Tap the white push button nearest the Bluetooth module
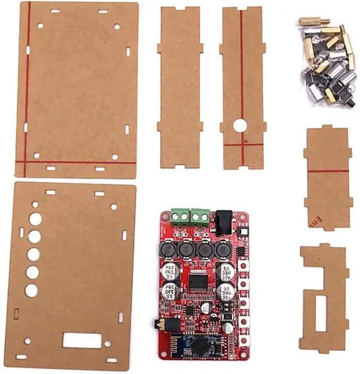pos(245,340)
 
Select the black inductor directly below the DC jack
pos(223,248)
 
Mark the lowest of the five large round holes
pos(31,291)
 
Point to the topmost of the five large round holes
pos(35,219)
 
